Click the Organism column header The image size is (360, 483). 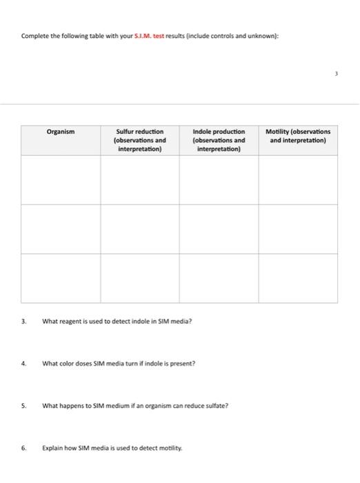[x=61, y=131]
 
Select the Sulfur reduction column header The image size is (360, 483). [x=140, y=139]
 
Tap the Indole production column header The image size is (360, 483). [x=219, y=139]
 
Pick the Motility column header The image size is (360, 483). [x=298, y=135]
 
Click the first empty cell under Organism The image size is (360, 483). [x=61, y=179]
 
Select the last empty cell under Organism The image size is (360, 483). [x=61, y=278]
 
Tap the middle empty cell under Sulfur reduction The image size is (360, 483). [x=140, y=229]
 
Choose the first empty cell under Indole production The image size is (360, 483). [x=219, y=179]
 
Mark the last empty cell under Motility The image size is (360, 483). [x=298, y=278]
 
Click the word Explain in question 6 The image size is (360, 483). [x=52, y=447]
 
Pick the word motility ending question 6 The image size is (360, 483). [x=171, y=447]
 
